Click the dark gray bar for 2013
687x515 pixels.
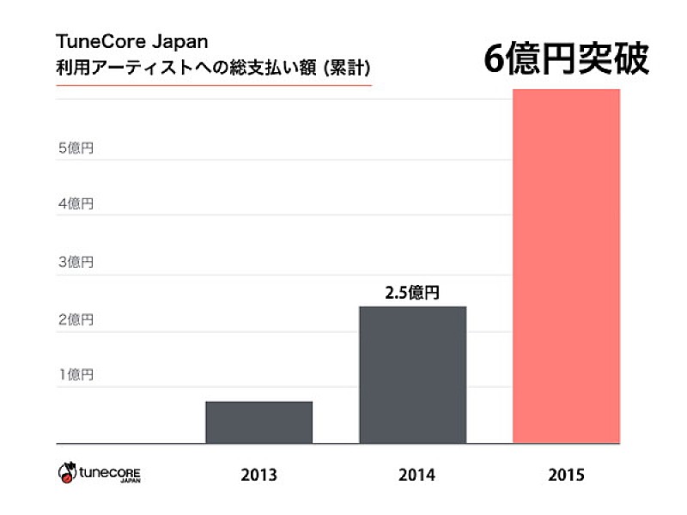[x=258, y=422]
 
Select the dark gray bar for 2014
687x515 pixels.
[x=412, y=375]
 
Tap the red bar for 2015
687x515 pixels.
[x=565, y=266]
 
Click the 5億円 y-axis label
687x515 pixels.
[x=76, y=148]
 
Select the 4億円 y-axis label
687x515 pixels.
[x=76, y=204]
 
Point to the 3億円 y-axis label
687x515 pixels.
[x=76, y=262]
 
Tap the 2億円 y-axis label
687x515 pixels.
[x=76, y=319]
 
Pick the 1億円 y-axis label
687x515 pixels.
[x=76, y=375]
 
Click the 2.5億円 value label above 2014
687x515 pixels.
[x=412, y=293]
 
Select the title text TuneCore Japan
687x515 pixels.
[x=131, y=41]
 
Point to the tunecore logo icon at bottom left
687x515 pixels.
[x=67, y=472]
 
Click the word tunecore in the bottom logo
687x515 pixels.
[x=111, y=471]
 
